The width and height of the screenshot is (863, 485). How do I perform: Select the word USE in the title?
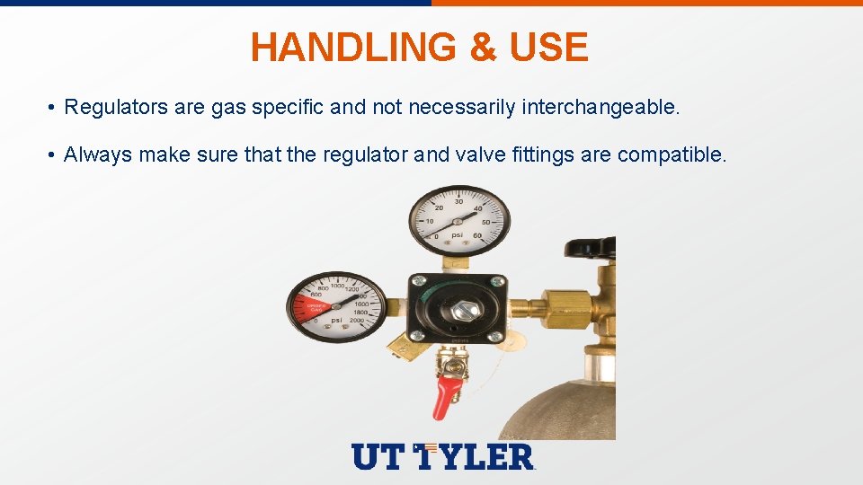(x=548, y=47)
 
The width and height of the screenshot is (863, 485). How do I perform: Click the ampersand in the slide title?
(x=484, y=47)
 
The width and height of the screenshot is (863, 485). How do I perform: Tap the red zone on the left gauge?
(x=304, y=308)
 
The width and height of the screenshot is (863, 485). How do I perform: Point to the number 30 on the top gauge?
(x=458, y=201)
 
